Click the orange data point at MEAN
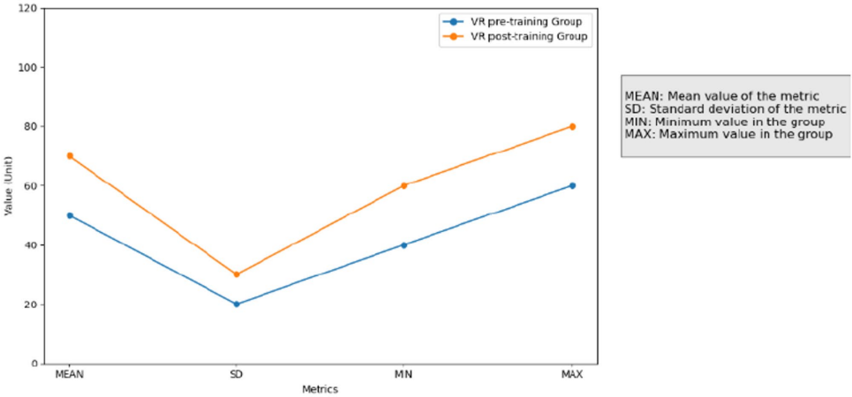click(70, 156)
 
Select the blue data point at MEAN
click(70, 215)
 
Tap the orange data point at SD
click(237, 274)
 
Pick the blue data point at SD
click(237, 304)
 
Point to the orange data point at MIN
click(404, 185)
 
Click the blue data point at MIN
click(404, 245)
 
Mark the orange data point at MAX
click(572, 126)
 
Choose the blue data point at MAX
click(572, 185)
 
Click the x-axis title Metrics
click(320, 389)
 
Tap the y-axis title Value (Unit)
click(9, 185)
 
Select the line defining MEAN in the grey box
click(722, 95)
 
